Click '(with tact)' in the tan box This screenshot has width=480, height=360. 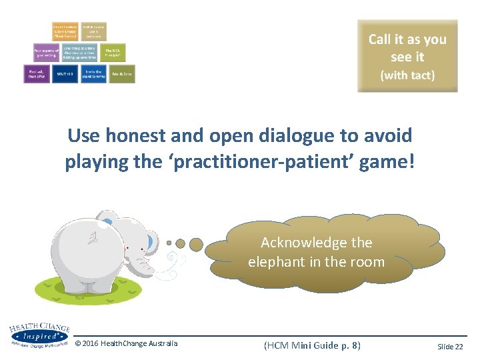click(x=407, y=75)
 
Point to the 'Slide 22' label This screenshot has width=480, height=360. click(x=450, y=346)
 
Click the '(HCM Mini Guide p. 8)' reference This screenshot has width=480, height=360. click(x=312, y=345)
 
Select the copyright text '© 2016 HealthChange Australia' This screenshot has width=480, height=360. click(x=126, y=343)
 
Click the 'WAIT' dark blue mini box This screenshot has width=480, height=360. click(x=65, y=73)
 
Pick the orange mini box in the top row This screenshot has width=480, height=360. click(x=65, y=31)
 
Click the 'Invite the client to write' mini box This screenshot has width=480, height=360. click(x=93, y=73)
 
